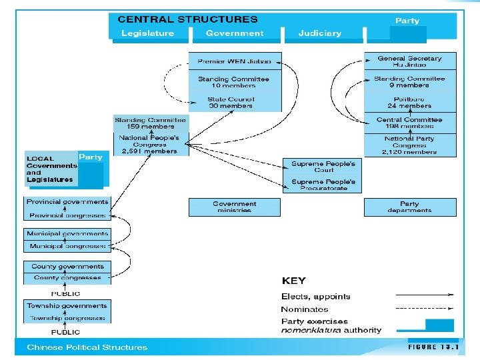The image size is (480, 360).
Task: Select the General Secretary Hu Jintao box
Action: click(409, 61)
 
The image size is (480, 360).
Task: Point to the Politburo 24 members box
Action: click(409, 102)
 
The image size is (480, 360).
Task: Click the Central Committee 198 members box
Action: click(409, 123)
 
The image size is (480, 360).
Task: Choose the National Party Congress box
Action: click(409, 145)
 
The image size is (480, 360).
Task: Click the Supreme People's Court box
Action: click(323, 166)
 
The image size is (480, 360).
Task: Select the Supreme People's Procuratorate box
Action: click(323, 185)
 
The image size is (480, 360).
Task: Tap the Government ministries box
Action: click(234, 207)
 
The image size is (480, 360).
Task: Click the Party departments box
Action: click(409, 207)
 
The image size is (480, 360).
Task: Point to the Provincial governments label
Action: click(67, 202)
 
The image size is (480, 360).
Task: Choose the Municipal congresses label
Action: click(67, 247)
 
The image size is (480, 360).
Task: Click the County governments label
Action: click(67, 267)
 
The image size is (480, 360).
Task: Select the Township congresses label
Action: click(67, 318)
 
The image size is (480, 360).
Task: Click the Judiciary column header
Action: click(319, 33)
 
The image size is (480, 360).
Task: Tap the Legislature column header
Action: click(147, 33)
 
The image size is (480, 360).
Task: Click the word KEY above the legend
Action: click(293, 281)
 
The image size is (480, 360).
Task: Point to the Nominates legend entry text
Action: click(305, 309)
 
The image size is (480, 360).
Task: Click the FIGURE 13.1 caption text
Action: click(431, 347)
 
